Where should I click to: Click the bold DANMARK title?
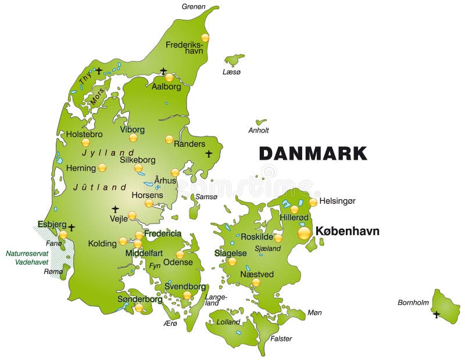point(313,153)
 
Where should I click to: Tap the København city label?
point(347,231)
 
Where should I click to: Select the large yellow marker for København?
point(304,233)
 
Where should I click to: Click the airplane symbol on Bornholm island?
point(437,314)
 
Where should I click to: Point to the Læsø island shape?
point(235,59)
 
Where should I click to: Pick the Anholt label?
point(259,131)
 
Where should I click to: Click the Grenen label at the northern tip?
point(193,7)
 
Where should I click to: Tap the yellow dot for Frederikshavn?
point(205,38)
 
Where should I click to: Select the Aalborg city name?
point(166,87)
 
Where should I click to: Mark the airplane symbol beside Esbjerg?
point(71,228)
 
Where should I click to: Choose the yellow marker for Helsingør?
point(313,202)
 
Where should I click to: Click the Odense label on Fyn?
point(178,262)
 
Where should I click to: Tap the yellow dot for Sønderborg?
point(139,308)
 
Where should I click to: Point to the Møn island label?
point(314,313)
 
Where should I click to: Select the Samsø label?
point(206,197)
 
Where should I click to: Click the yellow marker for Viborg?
point(133,138)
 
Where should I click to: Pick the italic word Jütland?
point(100,188)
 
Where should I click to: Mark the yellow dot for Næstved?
point(256,282)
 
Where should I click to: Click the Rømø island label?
point(53,271)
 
